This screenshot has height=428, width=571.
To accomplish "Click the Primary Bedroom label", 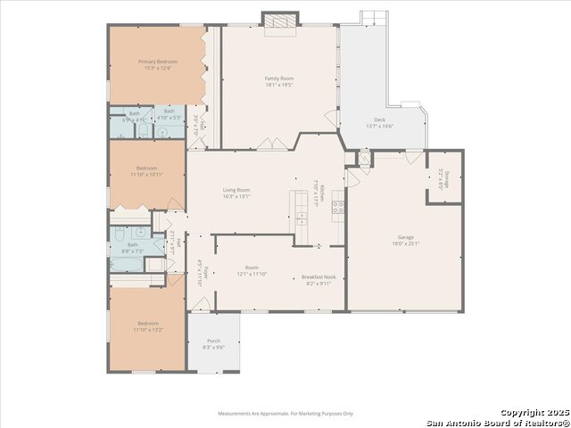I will pyautogui.click(x=157, y=62).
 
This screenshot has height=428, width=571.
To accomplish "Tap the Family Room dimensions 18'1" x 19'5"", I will pyautogui.click(x=279, y=85).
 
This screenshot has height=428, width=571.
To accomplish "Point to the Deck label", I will pyautogui.click(x=379, y=120).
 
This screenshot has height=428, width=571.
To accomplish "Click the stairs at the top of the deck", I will pyautogui.click(x=374, y=17).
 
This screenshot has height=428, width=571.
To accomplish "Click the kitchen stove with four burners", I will pyautogui.click(x=338, y=209).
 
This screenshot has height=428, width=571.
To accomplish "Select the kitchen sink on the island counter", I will pyautogui.click(x=302, y=219).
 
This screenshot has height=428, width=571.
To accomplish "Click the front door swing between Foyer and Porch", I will pyautogui.click(x=201, y=305).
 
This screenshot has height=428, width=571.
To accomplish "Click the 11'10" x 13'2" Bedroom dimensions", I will pyautogui.click(x=147, y=329).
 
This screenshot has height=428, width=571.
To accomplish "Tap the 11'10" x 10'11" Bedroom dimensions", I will pyautogui.click(x=147, y=175).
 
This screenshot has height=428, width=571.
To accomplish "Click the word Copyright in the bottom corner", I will pyautogui.click(x=521, y=413).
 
